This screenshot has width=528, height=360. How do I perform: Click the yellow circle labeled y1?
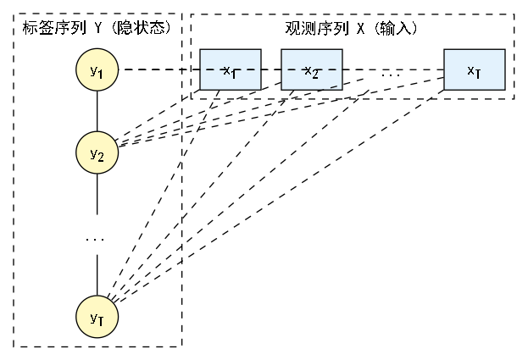tap(97, 70)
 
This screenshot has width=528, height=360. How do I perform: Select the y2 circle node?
tap(97, 152)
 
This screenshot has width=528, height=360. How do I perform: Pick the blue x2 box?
tap(311, 69)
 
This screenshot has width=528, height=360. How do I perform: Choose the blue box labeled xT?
tap(474, 69)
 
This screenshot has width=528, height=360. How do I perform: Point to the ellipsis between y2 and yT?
tap(95, 241)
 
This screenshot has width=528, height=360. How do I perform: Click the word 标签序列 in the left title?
tap(46, 27)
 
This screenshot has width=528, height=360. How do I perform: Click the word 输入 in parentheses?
tap(400, 27)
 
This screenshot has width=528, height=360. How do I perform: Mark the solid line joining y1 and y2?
tap(97, 111)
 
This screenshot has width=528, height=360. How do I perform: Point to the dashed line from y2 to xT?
tap(280, 113)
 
